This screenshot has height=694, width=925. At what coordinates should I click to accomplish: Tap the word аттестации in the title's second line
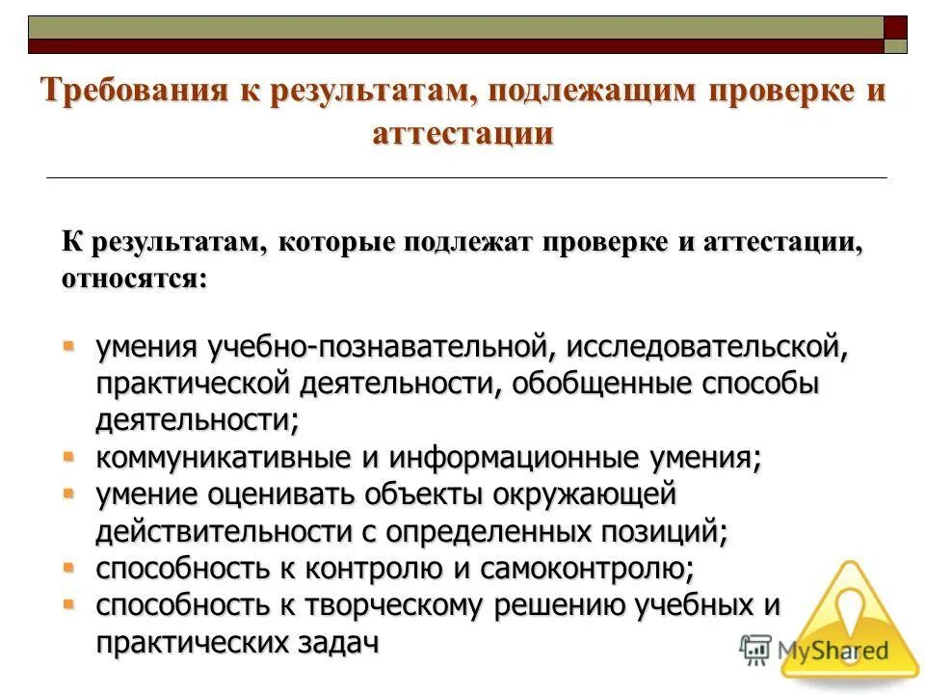pyautogui.click(x=462, y=132)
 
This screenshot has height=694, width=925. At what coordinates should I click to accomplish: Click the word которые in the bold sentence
pyautogui.click(x=336, y=243)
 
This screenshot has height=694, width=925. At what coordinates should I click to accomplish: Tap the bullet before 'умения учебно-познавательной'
pyautogui.click(x=69, y=344)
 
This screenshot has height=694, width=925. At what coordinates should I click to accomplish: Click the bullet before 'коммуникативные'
pyautogui.click(x=69, y=454)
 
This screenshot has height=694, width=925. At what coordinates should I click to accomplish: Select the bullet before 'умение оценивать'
pyautogui.click(x=69, y=492)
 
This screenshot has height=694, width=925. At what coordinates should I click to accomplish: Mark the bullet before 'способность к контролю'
pyautogui.click(x=69, y=565)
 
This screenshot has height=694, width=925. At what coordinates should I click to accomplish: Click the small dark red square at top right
pyautogui.click(x=896, y=27)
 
